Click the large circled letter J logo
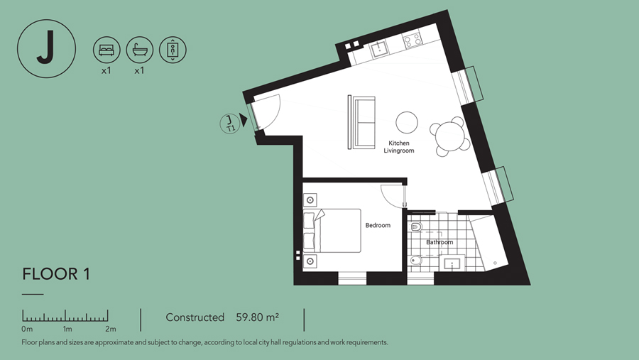coord(46,48)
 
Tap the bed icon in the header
coord(106,50)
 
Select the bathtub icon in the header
coord(140,50)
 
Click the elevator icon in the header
coord(173,50)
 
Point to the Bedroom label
coord(378,225)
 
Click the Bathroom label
coord(439,242)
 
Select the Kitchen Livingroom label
coord(399,147)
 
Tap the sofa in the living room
coord(361,122)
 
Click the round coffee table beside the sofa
coord(407,122)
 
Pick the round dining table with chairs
coord(450,136)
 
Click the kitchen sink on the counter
coord(379,49)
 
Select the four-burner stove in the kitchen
coord(412,40)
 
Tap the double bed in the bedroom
coord(332,231)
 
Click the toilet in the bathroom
coord(415,227)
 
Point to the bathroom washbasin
coord(452,263)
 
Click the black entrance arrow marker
coord(244,120)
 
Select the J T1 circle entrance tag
coord(230,124)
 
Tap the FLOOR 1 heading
coord(56,274)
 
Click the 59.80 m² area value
coord(258,317)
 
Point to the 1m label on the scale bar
coord(67,329)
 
